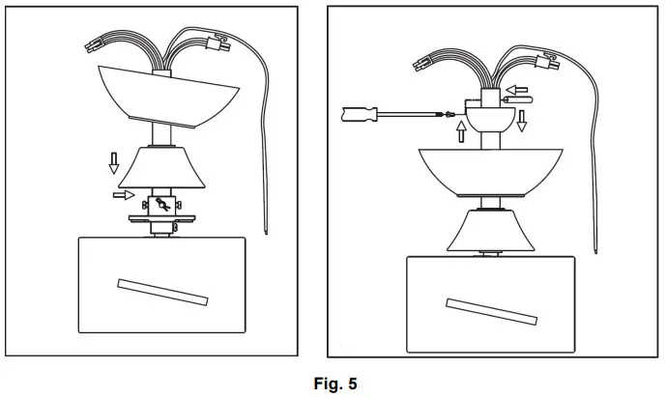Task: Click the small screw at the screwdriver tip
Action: click(x=448, y=114)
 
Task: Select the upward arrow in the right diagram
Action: click(x=461, y=129)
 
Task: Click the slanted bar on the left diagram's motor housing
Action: click(x=161, y=291)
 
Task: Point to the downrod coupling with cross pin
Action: click(x=162, y=206)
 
